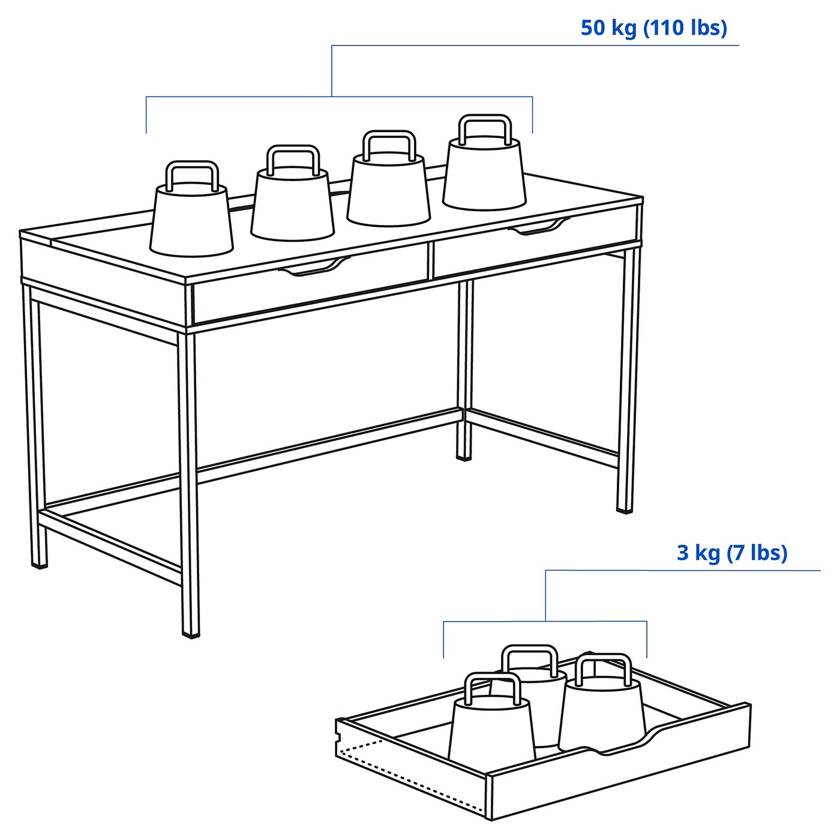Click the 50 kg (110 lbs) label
point(653,28)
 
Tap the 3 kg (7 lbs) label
point(731,553)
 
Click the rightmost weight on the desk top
point(484,175)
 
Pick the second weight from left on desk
point(292,205)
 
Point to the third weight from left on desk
point(388,190)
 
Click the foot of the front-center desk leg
point(191,631)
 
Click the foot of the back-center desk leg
point(464,456)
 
